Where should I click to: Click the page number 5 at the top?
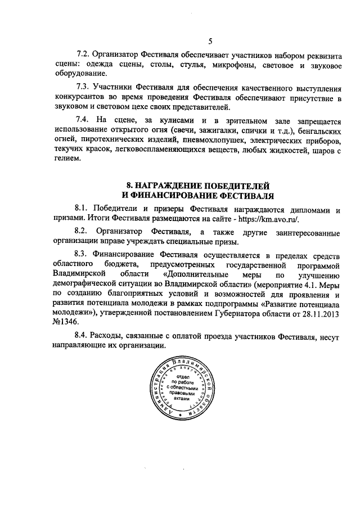(209, 40)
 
